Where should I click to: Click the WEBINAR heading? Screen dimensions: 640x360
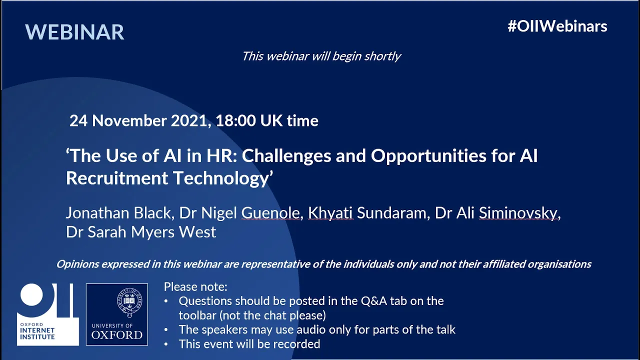[74, 31]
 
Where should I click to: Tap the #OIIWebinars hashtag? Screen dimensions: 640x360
[557, 26]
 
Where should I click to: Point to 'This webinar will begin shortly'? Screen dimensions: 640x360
[321, 56]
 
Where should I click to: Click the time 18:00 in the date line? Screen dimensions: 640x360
[235, 120]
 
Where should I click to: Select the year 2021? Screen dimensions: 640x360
[189, 120]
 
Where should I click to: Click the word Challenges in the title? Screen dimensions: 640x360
[286, 156]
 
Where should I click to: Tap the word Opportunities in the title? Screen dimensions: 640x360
[428, 156]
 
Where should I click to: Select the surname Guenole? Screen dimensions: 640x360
[270, 213]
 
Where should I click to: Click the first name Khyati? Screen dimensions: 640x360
[330, 213]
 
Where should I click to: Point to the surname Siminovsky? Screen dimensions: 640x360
[518, 213]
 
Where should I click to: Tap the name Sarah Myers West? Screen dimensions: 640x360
[152, 231]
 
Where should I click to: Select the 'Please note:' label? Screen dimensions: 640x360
[195, 287]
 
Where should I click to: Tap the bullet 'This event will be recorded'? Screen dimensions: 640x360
[249, 344]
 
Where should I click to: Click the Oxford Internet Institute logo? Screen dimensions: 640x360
[47, 314]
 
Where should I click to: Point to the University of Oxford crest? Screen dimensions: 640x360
[130, 302]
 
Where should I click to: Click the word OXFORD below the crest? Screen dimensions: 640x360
[117, 335]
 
